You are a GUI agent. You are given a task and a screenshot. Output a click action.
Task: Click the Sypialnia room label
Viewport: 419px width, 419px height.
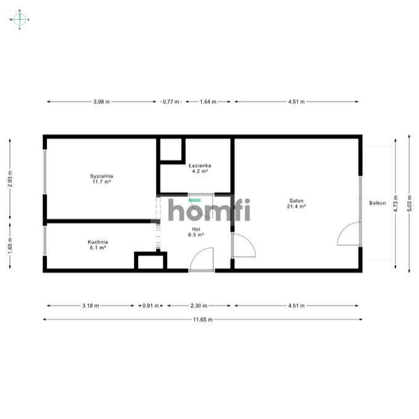102,179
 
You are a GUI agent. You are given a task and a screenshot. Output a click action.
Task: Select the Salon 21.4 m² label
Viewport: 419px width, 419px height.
296,203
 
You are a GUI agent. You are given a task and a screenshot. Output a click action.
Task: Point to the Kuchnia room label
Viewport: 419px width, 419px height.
97,244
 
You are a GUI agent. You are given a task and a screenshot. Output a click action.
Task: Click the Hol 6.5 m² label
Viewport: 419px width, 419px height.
196,232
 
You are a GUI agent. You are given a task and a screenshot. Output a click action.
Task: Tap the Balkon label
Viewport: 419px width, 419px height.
378,203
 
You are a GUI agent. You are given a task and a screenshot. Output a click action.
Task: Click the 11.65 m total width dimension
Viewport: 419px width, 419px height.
202,320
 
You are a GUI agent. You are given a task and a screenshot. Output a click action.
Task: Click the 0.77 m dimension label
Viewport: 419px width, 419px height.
170,102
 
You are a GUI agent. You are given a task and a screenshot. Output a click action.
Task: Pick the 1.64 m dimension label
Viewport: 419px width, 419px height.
208,102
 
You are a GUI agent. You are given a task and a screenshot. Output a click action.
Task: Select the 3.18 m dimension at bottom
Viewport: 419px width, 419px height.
90,305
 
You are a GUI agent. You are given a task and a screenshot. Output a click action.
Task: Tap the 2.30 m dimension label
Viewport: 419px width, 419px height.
199,305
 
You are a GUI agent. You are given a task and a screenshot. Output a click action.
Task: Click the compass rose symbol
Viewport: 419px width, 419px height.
19,19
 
